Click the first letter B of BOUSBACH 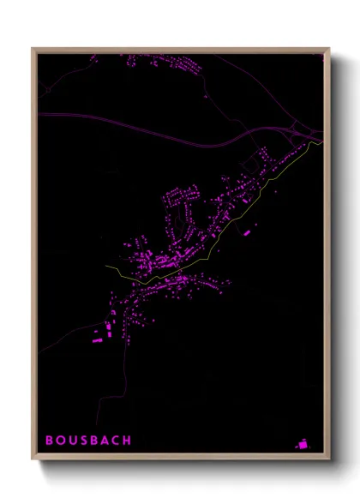coord(49,441)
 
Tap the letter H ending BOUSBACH coord(128,441)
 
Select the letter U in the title coord(72,441)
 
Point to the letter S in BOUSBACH coord(83,441)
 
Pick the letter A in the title coord(105,441)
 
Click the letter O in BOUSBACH coord(60,441)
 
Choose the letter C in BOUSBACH coord(116,441)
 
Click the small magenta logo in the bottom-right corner coord(303,443)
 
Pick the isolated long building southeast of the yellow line coord(246,231)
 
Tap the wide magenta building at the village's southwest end coord(97,341)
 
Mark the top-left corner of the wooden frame coord(33,48)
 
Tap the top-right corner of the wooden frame coord(329,48)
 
